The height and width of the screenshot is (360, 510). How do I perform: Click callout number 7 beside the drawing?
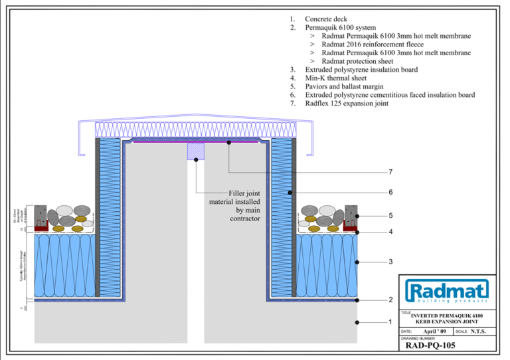point(390,172)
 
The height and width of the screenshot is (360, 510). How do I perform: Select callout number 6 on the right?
point(390,193)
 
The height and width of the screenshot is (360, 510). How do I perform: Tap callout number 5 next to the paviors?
point(390,216)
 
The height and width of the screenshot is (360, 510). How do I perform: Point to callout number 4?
point(390,232)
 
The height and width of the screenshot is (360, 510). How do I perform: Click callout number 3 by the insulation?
point(390,262)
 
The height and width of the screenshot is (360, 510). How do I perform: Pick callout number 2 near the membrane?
point(390,300)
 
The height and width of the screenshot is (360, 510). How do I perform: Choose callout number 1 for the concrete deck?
point(390,322)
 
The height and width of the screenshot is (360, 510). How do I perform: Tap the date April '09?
point(435,331)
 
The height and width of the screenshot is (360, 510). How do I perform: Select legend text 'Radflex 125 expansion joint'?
point(347,104)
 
